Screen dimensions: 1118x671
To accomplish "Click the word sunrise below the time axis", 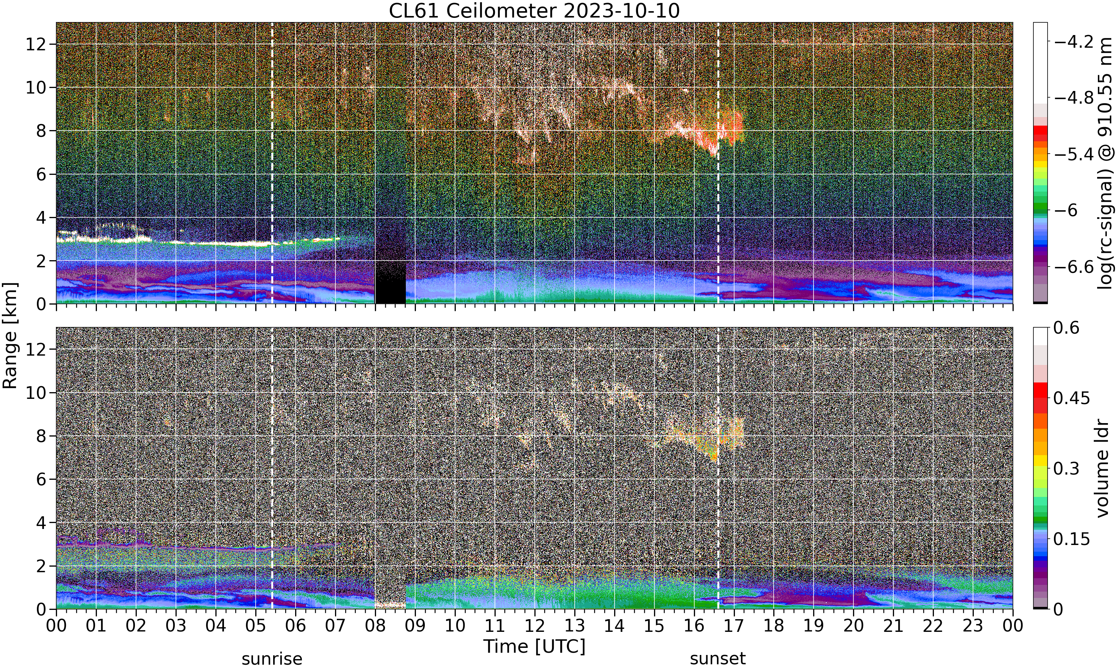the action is click(x=272, y=659).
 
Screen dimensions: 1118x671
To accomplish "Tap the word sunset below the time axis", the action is click(x=718, y=659).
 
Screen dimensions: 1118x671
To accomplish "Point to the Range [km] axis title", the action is click(x=10, y=335).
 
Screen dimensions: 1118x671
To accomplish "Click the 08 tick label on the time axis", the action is click(x=375, y=626).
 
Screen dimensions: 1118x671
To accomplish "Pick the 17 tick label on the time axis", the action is click(x=734, y=626).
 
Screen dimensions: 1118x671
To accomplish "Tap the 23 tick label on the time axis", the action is click(x=973, y=626).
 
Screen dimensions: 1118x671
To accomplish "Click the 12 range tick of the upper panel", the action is click(x=35, y=44).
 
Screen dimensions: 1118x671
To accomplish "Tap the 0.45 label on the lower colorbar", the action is click(x=1072, y=398).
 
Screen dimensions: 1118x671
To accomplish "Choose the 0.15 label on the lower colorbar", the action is click(x=1072, y=539).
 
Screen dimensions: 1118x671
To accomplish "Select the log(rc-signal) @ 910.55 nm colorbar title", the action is click(x=1106, y=163).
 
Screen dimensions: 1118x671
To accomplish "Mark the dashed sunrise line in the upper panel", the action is click(x=272, y=163).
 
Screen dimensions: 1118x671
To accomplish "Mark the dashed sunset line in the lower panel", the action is click(x=718, y=468).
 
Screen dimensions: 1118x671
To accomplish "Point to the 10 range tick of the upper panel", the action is click(x=35, y=88).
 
